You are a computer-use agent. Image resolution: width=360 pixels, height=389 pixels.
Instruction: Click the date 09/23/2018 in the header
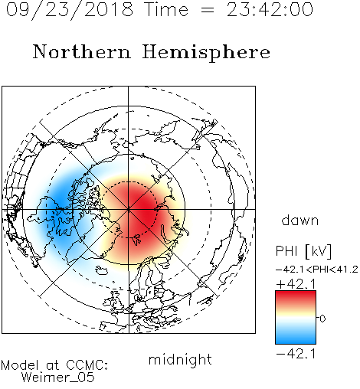[x=70, y=9]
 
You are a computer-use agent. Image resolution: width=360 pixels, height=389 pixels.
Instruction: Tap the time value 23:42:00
[x=270, y=9]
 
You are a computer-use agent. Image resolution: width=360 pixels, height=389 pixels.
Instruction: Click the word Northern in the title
[x=82, y=52]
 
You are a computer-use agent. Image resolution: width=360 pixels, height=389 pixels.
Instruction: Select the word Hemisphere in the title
[x=206, y=53]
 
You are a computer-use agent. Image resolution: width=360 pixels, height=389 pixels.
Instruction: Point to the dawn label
[x=300, y=221]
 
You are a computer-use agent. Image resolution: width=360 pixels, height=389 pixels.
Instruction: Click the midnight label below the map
[x=180, y=360]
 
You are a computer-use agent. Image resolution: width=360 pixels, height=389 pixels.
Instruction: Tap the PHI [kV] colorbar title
[x=303, y=251]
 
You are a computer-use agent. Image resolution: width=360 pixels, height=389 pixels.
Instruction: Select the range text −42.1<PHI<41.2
[x=317, y=270]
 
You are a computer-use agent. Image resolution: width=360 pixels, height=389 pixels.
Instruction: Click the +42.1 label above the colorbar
[x=296, y=284]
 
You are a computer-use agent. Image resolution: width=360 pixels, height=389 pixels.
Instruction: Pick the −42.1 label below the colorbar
[x=296, y=354]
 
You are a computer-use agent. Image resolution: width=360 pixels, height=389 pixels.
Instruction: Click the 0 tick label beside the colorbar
[x=322, y=319]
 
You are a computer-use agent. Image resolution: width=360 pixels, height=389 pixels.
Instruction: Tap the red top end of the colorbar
[x=296, y=293]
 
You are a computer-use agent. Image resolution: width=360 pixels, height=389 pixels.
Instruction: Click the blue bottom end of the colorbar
[x=296, y=342]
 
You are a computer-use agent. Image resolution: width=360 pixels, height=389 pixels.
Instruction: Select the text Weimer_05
[x=58, y=378]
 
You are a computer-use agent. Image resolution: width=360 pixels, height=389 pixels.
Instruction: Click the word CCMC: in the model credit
[x=87, y=365]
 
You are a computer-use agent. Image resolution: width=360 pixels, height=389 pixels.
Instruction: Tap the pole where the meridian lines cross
[x=129, y=209]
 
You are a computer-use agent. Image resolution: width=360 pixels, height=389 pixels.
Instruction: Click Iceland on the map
[x=101, y=270]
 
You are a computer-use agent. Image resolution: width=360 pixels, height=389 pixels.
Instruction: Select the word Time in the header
[x=166, y=9]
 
